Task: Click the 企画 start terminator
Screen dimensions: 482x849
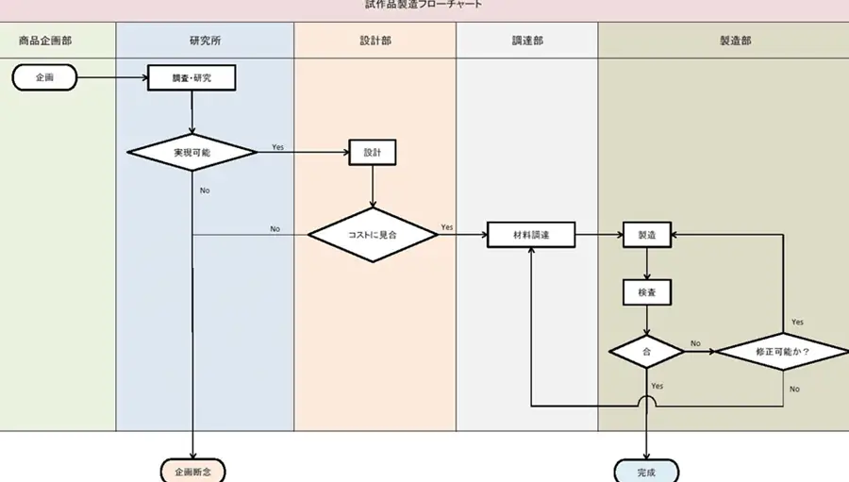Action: [x=45, y=77]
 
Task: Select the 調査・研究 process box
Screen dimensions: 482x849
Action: [x=191, y=77]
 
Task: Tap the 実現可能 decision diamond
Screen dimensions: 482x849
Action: [x=191, y=152]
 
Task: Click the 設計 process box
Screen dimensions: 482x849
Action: [x=373, y=152]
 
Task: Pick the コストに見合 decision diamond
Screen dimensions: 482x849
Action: [x=374, y=234]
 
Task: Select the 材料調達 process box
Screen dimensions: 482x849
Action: [x=531, y=234]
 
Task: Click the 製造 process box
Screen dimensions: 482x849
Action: [x=647, y=234]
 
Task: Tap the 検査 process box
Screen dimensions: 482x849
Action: [x=647, y=292]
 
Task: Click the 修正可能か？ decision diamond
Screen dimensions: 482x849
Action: [x=782, y=351]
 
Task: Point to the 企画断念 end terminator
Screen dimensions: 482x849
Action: [x=192, y=471]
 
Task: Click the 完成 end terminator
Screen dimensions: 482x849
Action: [x=646, y=471]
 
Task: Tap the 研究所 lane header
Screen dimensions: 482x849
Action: [x=206, y=42]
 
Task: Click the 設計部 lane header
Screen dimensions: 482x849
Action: [x=375, y=42]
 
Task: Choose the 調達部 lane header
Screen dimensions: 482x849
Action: [x=527, y=42]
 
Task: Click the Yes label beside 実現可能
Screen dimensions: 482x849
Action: [x=277, y=147]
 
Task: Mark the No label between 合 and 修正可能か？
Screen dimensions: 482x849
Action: [x=695, y=343]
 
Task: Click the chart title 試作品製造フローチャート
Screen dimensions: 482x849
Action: [x=424, y=5]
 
